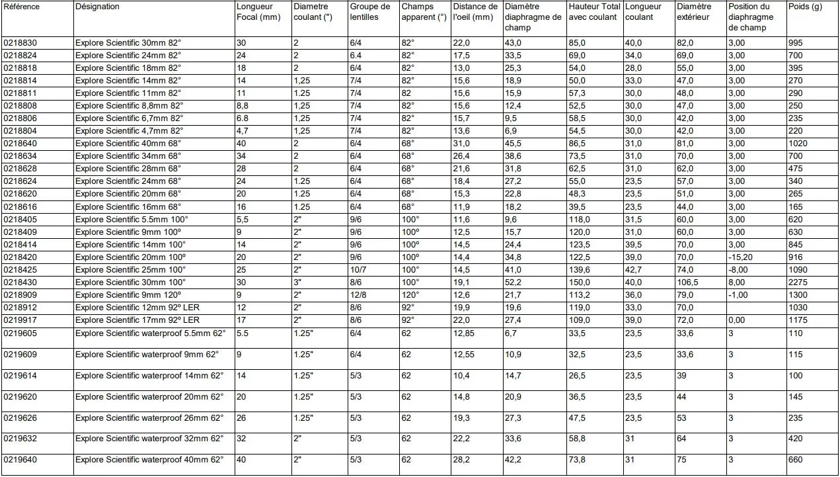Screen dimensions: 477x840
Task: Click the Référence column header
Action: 22,7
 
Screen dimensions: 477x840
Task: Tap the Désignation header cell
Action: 98,7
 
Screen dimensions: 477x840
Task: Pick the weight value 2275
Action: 798,281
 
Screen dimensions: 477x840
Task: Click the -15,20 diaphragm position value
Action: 742,257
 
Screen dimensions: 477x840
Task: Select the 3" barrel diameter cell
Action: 296,281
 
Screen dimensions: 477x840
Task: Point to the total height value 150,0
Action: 579,281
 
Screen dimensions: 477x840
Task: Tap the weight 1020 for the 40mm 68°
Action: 798,144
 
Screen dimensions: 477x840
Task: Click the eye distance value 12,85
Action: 464,333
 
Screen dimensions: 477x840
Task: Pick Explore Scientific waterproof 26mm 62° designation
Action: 149,418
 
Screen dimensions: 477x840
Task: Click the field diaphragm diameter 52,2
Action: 513,281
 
